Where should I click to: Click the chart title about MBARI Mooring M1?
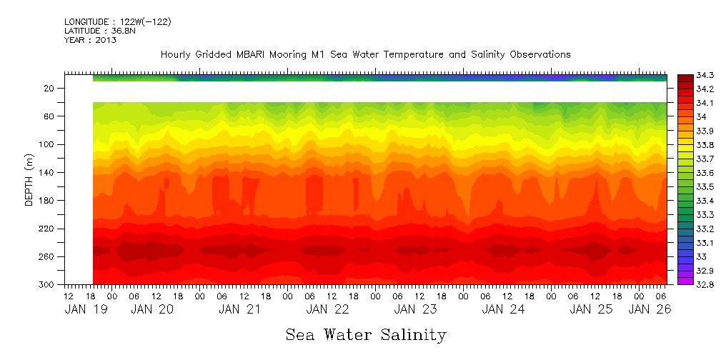pos(365,54)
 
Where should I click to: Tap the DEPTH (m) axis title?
pos(29,179)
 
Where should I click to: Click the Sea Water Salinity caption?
pos(366,334)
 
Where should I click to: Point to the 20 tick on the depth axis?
pos(50,88)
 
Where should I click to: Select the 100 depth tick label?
pos(48,144)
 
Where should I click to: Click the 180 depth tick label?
pos(48,201)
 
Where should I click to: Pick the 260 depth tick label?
pos(48,256)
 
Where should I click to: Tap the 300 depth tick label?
pos(48,284)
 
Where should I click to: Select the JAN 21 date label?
pos(239,309)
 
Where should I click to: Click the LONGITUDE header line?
pos(117,22)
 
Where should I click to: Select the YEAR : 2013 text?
pos(90,40)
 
